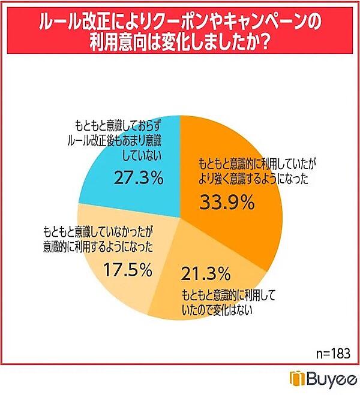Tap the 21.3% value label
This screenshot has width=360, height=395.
click(x=205, y=275)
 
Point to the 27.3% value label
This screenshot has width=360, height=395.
click(x=138, y=177)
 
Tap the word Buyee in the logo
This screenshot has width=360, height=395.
click(x=329, y=379)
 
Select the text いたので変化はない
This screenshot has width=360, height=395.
click(x=217, y=310)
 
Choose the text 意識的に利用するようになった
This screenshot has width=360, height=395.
click(x=98, y=246)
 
